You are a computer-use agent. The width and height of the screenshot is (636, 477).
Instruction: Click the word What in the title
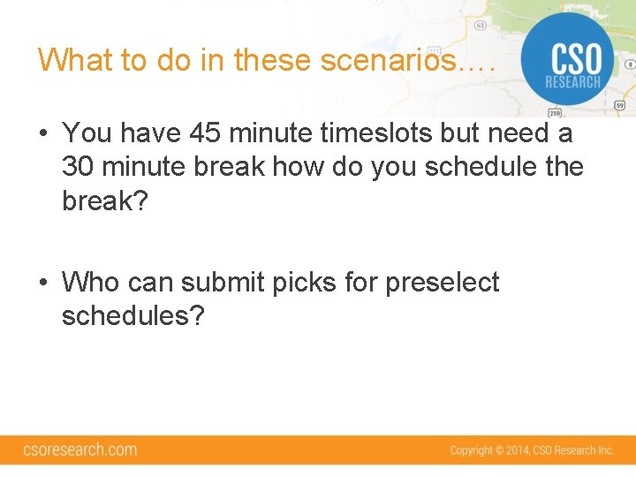pos(75,60)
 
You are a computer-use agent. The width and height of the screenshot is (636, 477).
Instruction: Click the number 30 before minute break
pos(79,167)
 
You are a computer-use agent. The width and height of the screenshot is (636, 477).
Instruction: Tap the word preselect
pos(443,283)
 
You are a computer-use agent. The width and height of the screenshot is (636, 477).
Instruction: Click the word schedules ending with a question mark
pos(132,316)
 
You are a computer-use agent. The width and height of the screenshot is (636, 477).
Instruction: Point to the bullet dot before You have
pos(42,134)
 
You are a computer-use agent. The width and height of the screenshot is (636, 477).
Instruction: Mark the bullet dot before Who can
pos(42,284)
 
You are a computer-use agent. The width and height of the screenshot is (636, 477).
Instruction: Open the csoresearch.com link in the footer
pos(80,450)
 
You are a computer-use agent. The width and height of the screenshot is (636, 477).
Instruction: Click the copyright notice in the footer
pos(531,450)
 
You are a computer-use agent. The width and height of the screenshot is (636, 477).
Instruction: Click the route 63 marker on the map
pos(480,25)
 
